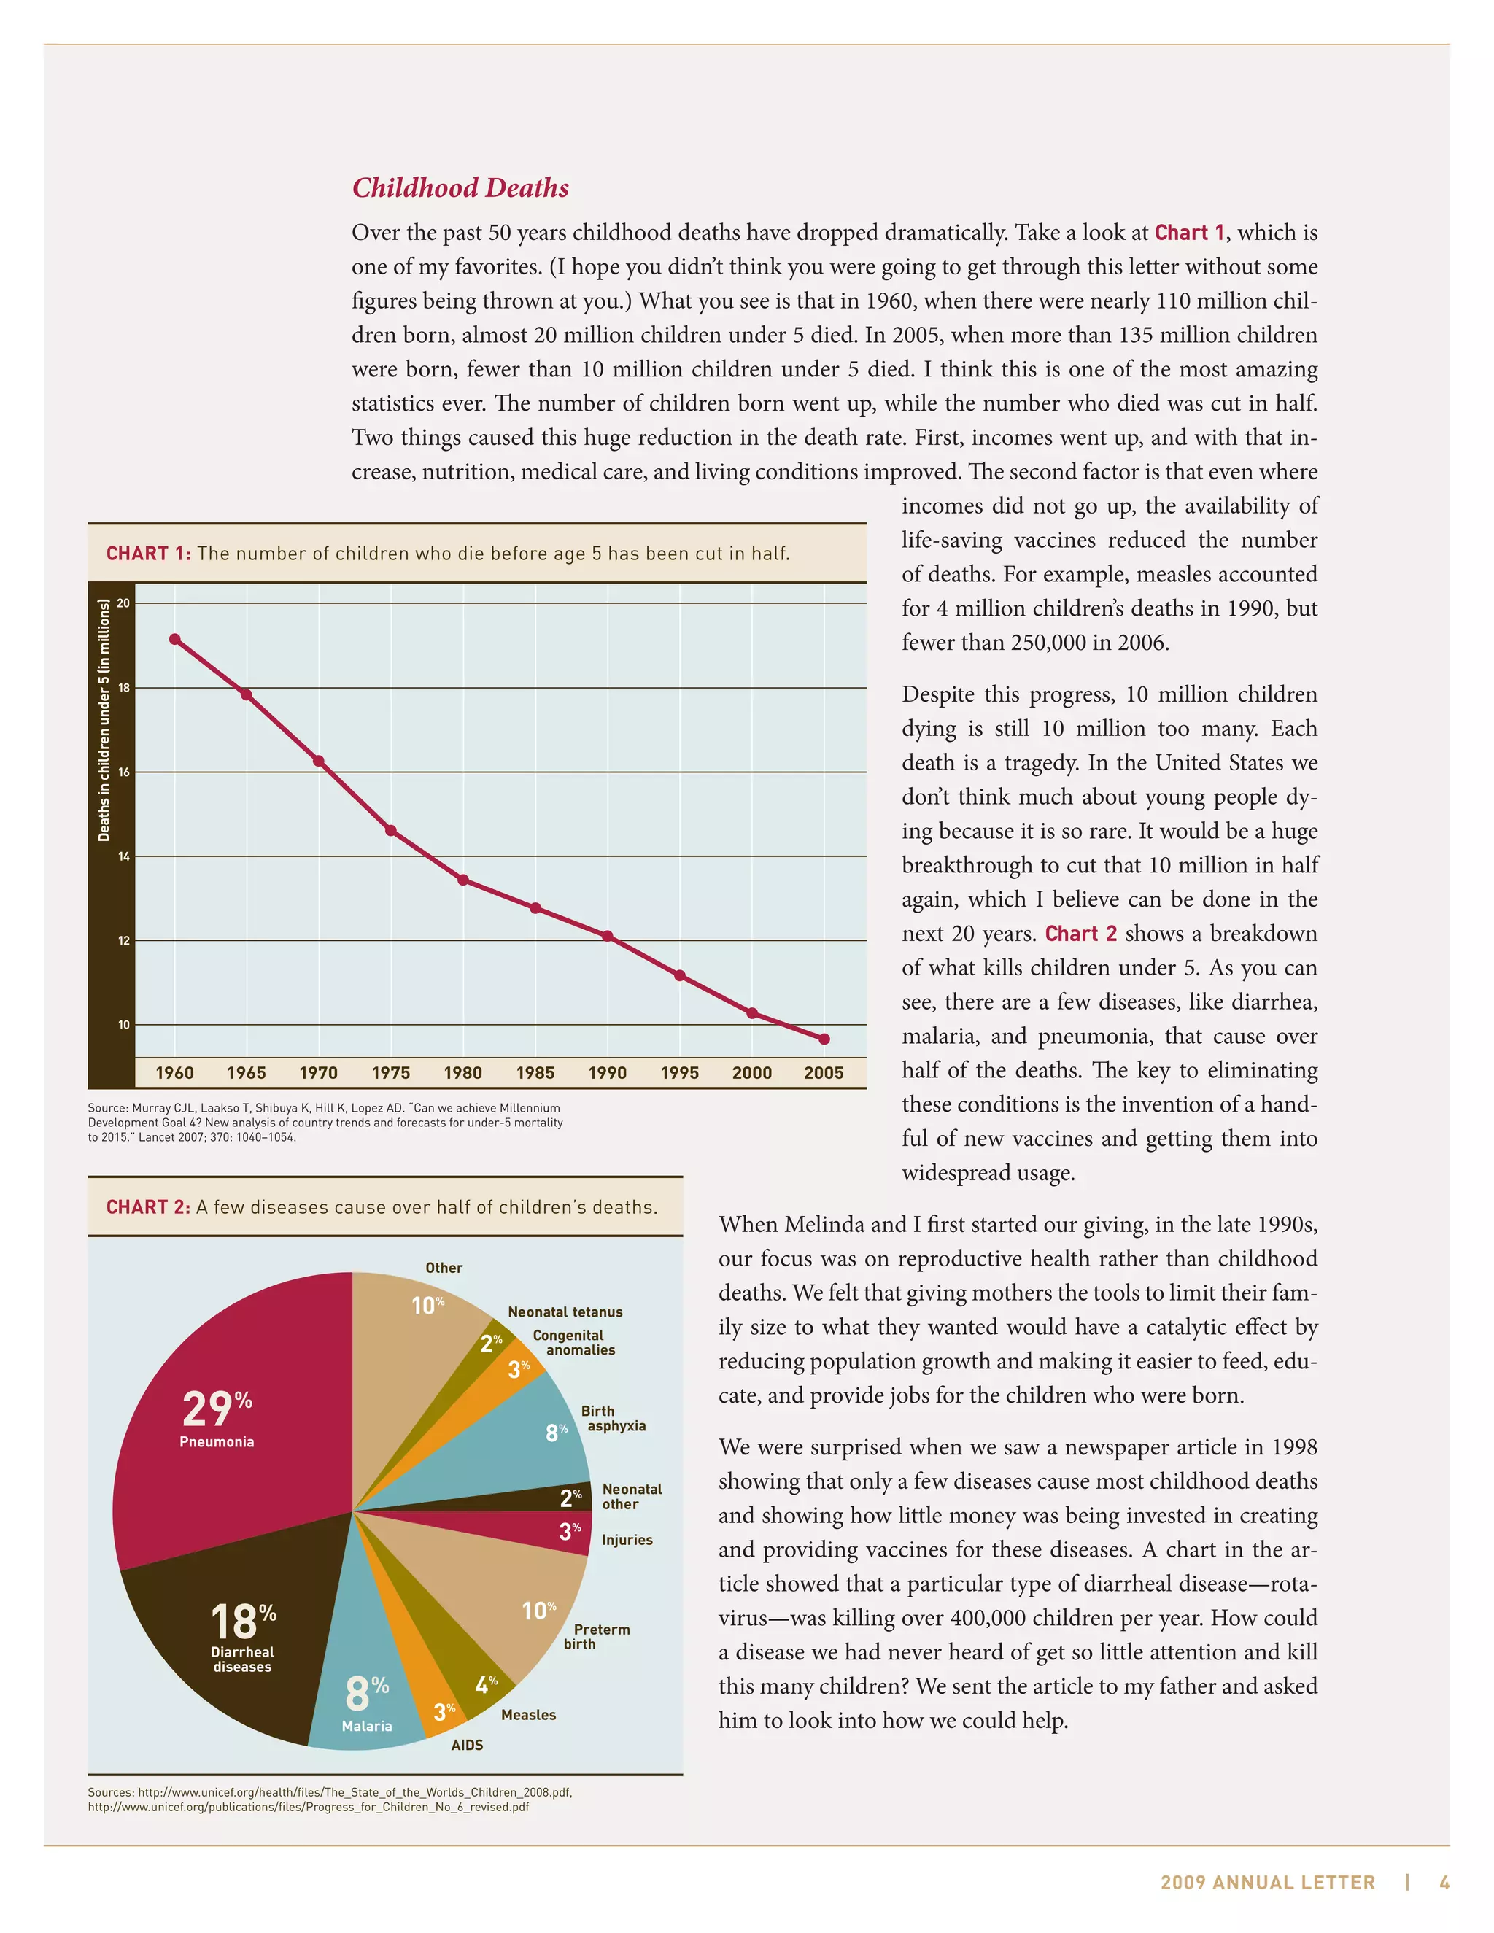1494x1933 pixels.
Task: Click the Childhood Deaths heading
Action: pyautogui.click(x=460, y=187)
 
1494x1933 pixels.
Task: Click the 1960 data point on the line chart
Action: pyautogui.click(x=174, y=639)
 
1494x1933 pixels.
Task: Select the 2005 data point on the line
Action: pyautogui.click(x=824, y=1039)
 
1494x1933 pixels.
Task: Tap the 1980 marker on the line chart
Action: pyautogui.click(x=463, y=880)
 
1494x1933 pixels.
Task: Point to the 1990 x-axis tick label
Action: pyautogui.click(x=607, y=1073)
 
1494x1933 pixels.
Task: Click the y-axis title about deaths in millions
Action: pyautogui.click(x=104, y=719)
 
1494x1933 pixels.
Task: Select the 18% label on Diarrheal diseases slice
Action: pyautogui.click(x=242, y=1622)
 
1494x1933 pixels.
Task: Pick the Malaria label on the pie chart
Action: pyautogui.click(x=366, y=1726)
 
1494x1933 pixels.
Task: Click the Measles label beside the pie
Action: pyautogui.click(x=528, y=1714)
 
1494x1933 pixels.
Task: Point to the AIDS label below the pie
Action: pyautogui.click(x=468, y=1745)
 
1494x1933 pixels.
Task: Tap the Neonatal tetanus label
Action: pyautogui.click(x=565, y=1312)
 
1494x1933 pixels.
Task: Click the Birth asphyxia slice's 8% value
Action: pyautogui.click(x=556, y=1432)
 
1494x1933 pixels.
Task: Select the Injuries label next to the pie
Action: pyautogui.click(x=627, y=1540)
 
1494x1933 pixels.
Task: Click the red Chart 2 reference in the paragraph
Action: pyautogui.click(x=1080, y=934)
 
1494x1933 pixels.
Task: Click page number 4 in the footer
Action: pyautogui.click(x=1444, y=1883)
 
